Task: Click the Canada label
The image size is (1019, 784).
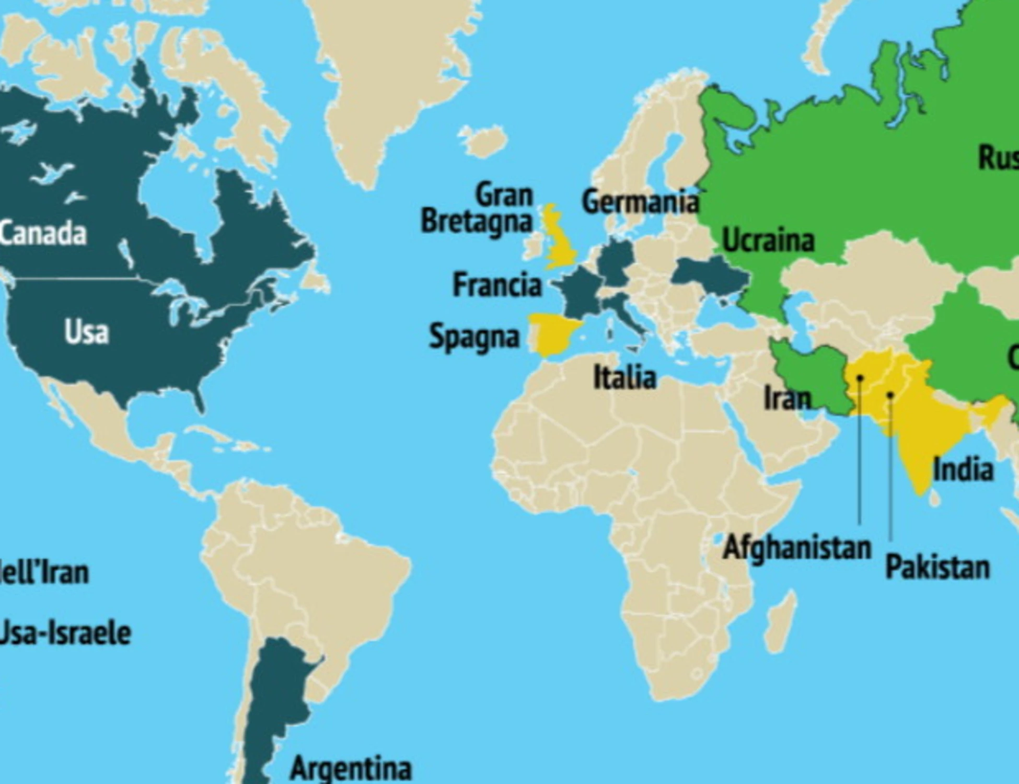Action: [43, 234]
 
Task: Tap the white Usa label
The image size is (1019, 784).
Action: [87, 332]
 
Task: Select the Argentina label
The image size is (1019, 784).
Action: [351, 768]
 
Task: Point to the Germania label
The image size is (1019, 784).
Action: [640, 202]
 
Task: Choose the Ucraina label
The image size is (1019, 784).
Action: [768, 241]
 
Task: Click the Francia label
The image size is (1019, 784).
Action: [497, 285]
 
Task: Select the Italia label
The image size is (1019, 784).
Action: [624, 377]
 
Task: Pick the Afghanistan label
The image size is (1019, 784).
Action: [797, 548]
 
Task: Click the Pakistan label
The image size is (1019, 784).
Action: [937, 567]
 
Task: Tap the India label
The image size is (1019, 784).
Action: [963, 469]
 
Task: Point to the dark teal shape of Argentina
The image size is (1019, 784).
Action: [277, 695]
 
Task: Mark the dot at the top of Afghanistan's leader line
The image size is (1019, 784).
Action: [860, 377]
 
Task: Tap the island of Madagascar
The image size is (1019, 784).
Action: [782, 622]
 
